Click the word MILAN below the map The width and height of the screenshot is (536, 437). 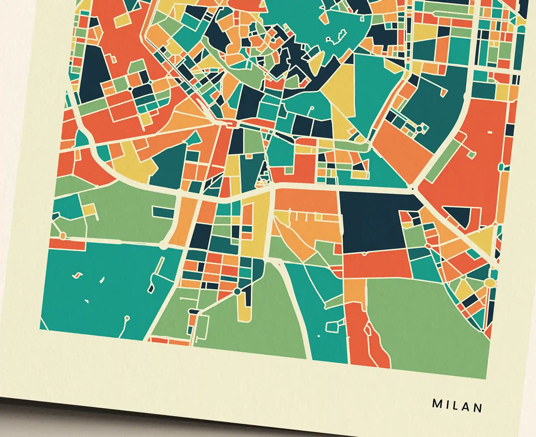click(x=457, y=405)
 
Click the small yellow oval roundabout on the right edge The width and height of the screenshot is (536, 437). click(x=490, y=283)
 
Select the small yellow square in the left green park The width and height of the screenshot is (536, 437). click(x=89, y=210)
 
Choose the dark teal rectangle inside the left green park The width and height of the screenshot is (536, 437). click(x=163, y=212)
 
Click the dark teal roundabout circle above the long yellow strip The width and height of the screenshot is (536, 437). click(x=237, y=292)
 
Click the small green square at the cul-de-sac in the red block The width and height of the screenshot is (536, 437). click(x=471, y=154)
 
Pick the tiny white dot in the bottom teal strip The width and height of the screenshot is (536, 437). click(x=318, y=336)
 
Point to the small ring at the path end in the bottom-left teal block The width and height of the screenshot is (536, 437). click(x=127, y=318)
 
